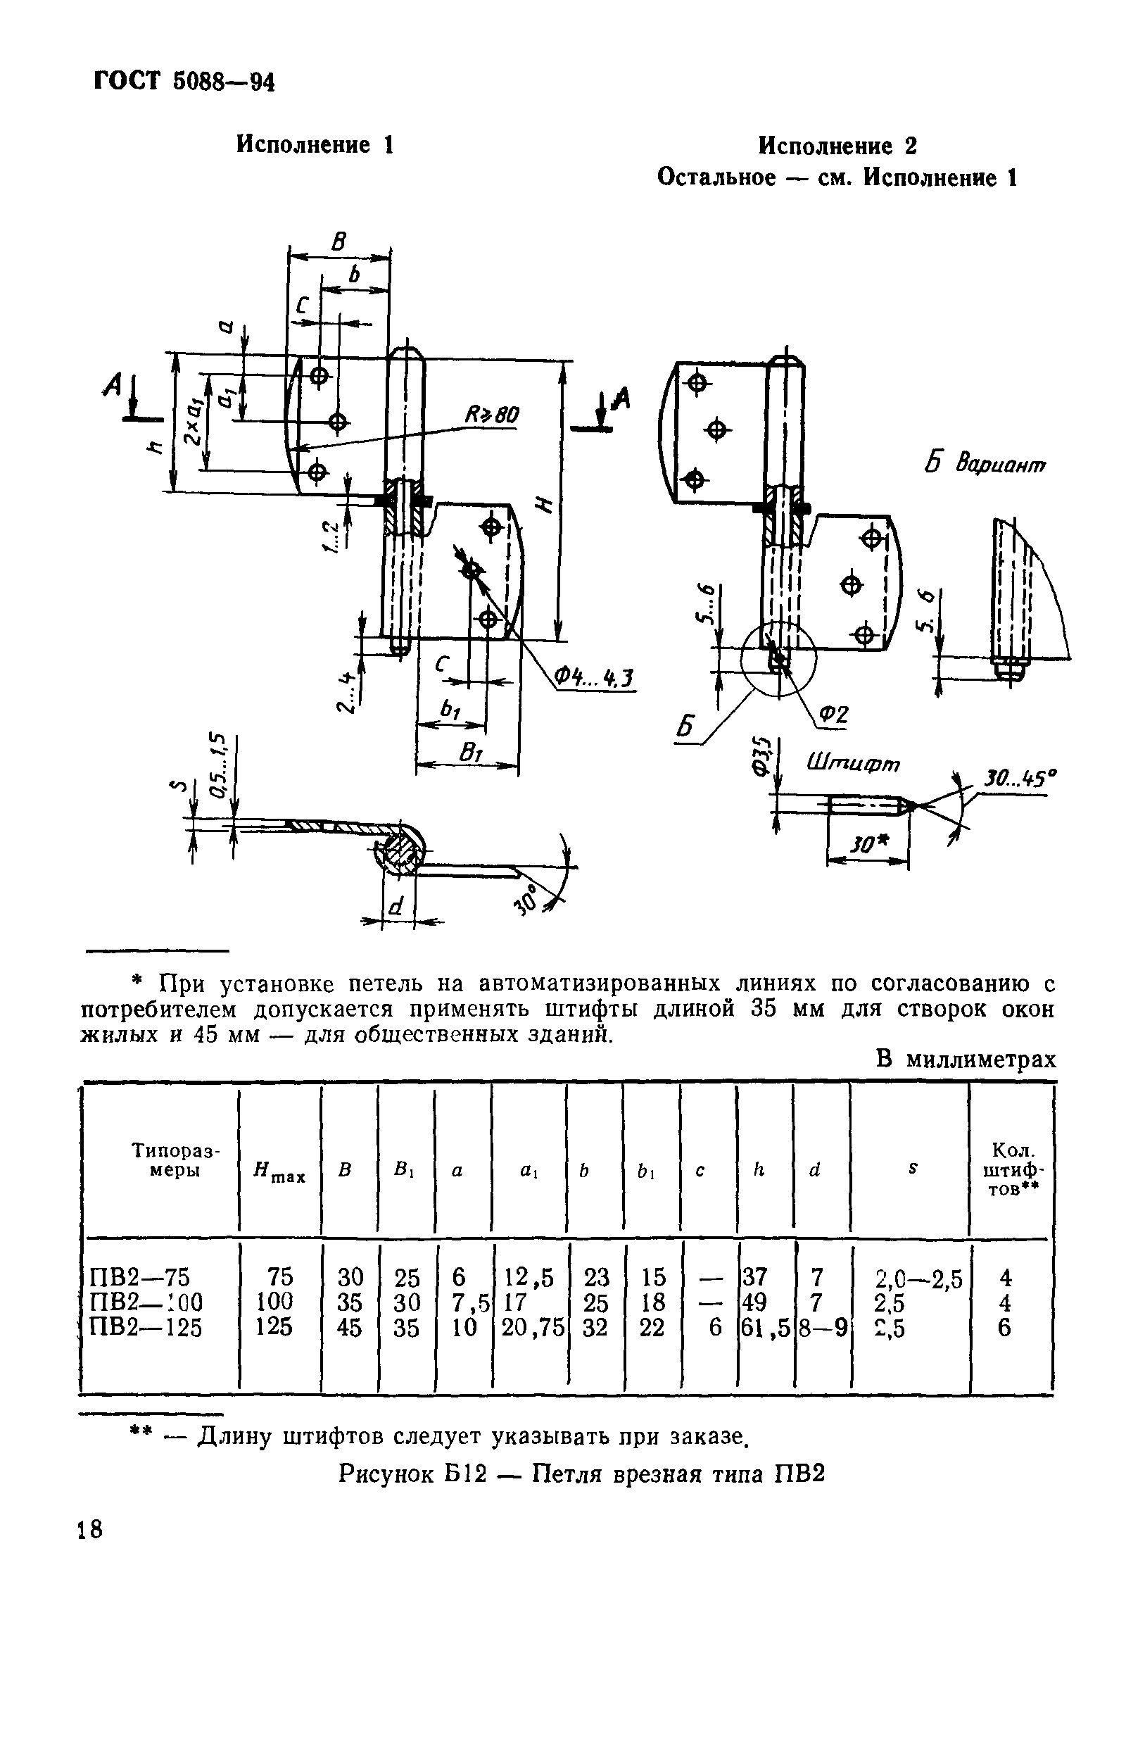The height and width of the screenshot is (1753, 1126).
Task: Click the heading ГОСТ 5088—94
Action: coord(184,82)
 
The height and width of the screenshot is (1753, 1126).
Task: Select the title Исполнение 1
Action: coord(315,145)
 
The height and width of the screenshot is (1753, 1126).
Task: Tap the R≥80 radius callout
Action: coord(491,415)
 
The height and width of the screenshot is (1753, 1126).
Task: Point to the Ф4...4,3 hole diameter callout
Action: coord(593,679)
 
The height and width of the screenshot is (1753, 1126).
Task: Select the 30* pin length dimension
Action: coord(868,846)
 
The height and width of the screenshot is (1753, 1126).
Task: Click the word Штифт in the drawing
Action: coord(852,765)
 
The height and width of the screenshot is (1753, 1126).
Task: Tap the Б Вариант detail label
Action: coord(986,465)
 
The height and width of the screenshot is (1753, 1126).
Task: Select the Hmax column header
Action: coord(279,1173)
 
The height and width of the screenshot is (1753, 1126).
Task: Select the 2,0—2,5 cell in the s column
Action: coord(918,1278)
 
